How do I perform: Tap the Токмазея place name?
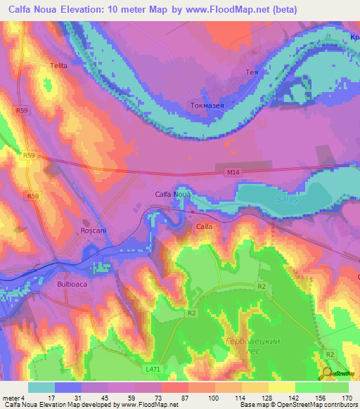[207, 105]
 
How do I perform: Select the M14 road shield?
[233, 171]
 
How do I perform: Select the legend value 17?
[51, 398]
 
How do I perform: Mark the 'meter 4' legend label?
[14, 398]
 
